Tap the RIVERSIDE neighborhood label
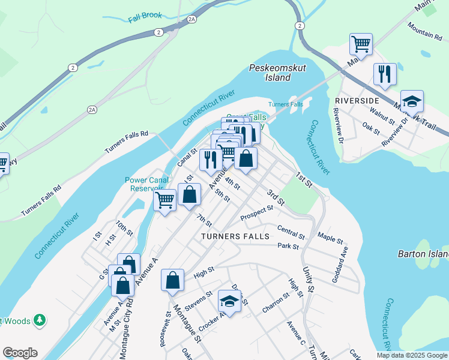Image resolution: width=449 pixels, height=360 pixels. [357, 100]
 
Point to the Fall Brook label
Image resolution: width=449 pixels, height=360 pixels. [145, 19]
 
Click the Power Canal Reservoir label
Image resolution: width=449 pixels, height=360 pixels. [144, 184]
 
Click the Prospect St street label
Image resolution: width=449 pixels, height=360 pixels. [256, 212]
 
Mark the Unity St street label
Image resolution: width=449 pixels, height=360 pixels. [309, 280]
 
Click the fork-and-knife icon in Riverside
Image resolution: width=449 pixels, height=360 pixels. [385, 74]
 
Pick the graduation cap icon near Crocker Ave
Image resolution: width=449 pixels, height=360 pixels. [229, 300]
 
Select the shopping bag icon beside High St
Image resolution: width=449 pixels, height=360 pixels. [172, 280]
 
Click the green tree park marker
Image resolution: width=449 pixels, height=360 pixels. [40, 320]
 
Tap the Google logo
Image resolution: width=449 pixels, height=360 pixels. [20, 353]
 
